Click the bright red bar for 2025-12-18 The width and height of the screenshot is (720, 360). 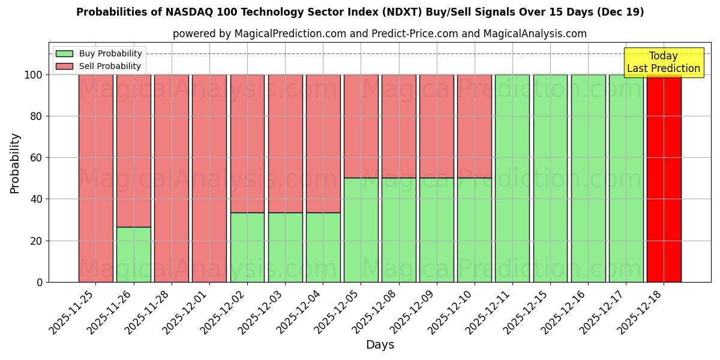coord(664,178)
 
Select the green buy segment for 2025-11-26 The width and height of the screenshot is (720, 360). coord(134,254)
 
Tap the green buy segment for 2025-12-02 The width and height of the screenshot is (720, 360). coord(247,247)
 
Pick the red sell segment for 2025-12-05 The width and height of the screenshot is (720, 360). coord(361,126)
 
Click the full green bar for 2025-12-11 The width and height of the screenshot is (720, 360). coord(512,178)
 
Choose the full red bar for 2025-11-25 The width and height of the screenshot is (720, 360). coord(96,178)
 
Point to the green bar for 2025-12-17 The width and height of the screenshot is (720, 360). coord(626,178)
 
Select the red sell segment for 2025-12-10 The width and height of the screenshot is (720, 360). coord(475,126)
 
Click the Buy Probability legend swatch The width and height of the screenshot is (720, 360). coord(64,54)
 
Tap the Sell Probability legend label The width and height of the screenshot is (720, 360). coord(110,67)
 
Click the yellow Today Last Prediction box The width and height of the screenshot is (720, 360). coord(664,62)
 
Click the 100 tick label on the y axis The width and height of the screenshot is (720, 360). coord(34,75)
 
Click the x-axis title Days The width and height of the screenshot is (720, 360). coord(380,345)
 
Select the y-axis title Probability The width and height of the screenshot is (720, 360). coord(15,163)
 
